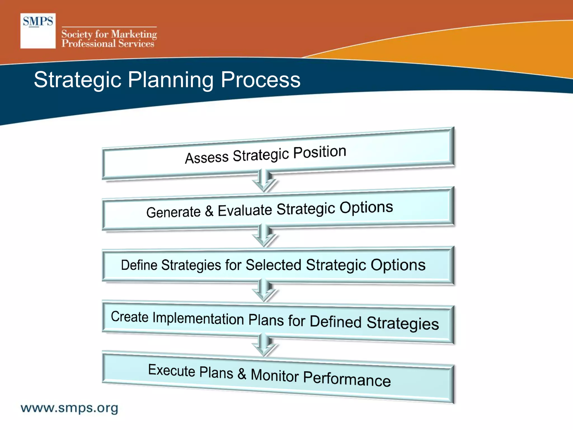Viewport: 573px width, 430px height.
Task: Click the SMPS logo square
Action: point(38,31)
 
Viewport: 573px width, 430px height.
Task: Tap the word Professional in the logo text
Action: point(88,44)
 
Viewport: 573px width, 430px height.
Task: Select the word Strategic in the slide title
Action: point(78,80)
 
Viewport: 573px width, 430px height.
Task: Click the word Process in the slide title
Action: point(260,80)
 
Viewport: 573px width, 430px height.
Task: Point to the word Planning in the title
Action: point(171,80)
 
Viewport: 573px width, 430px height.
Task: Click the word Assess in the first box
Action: point(206,158)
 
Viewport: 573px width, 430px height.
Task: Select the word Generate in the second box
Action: point(173,212)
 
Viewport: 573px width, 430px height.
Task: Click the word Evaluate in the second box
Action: point(245,210)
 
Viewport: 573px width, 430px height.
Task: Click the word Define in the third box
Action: point(139,265)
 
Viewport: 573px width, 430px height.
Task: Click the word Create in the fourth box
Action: point(130,317)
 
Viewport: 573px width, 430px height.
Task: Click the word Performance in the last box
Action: point(347,378)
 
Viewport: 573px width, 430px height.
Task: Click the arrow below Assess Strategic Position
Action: point(264,181)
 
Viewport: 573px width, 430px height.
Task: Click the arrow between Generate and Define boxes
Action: point(264,236)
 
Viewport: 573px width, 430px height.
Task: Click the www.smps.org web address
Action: point(69,408)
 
